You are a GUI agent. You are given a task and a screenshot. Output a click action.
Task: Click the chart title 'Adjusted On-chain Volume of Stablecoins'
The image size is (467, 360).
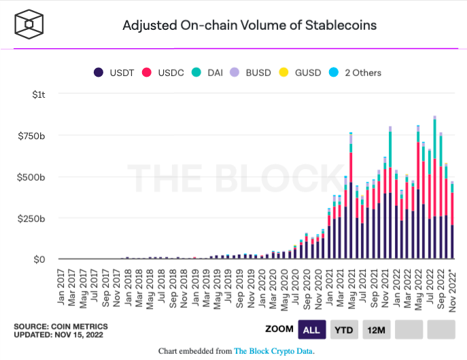coord(249,26)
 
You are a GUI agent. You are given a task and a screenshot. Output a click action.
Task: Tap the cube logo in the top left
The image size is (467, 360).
coord(29,24)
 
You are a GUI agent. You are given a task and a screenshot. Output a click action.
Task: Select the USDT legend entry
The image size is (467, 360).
coord(117,73)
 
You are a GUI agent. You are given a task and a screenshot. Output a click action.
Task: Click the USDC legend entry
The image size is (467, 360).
coord(167,73)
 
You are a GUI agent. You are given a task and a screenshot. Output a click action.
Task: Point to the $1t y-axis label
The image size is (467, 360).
coord(39,94)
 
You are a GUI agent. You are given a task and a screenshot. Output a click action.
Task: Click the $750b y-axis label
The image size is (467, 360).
coord(32,136)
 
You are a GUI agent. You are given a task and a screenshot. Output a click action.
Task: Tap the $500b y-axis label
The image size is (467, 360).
coord(32,177)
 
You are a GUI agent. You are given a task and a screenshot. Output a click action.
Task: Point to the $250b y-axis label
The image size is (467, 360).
coord(32,219)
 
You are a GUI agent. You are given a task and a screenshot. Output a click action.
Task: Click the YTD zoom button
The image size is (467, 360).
coord(344,330)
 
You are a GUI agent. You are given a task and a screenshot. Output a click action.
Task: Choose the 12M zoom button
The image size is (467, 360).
coord(376,330)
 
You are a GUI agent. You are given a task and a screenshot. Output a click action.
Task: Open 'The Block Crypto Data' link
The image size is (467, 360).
coord(274,351)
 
